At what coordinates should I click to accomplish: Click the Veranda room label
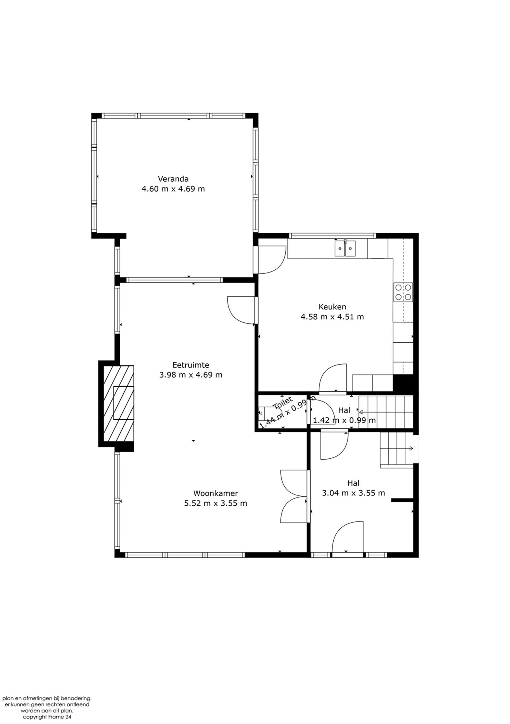[173, 179]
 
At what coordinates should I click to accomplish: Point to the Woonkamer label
[215, 493]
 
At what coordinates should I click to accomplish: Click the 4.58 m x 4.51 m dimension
[332, 317]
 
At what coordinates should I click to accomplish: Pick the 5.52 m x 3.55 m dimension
[215, 503]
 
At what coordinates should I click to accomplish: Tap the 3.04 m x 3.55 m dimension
[353, 493]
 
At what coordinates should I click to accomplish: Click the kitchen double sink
[345, 248]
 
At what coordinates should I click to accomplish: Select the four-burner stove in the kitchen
[403, 292]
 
